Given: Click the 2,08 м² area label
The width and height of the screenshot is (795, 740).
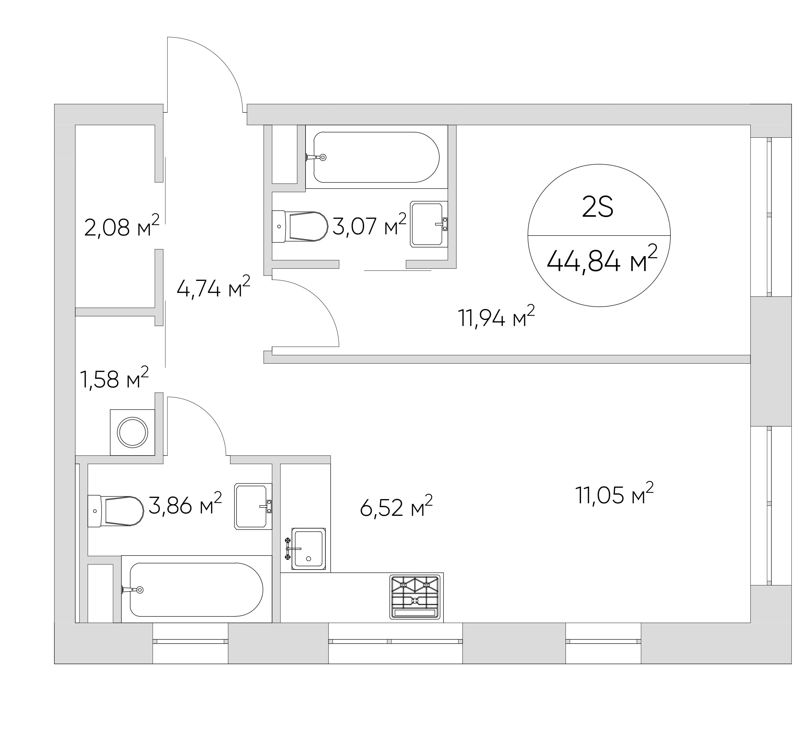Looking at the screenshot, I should [122, 227].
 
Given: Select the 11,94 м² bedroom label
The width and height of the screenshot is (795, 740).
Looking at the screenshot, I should [496, 317].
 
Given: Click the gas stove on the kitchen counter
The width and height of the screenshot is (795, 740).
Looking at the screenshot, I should [415, 597].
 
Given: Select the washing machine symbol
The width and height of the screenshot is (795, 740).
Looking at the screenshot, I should [132, 432].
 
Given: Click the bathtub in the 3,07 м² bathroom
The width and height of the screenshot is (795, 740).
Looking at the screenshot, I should [376, 157].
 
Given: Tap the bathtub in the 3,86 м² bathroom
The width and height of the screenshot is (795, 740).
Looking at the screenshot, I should [196, 590].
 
